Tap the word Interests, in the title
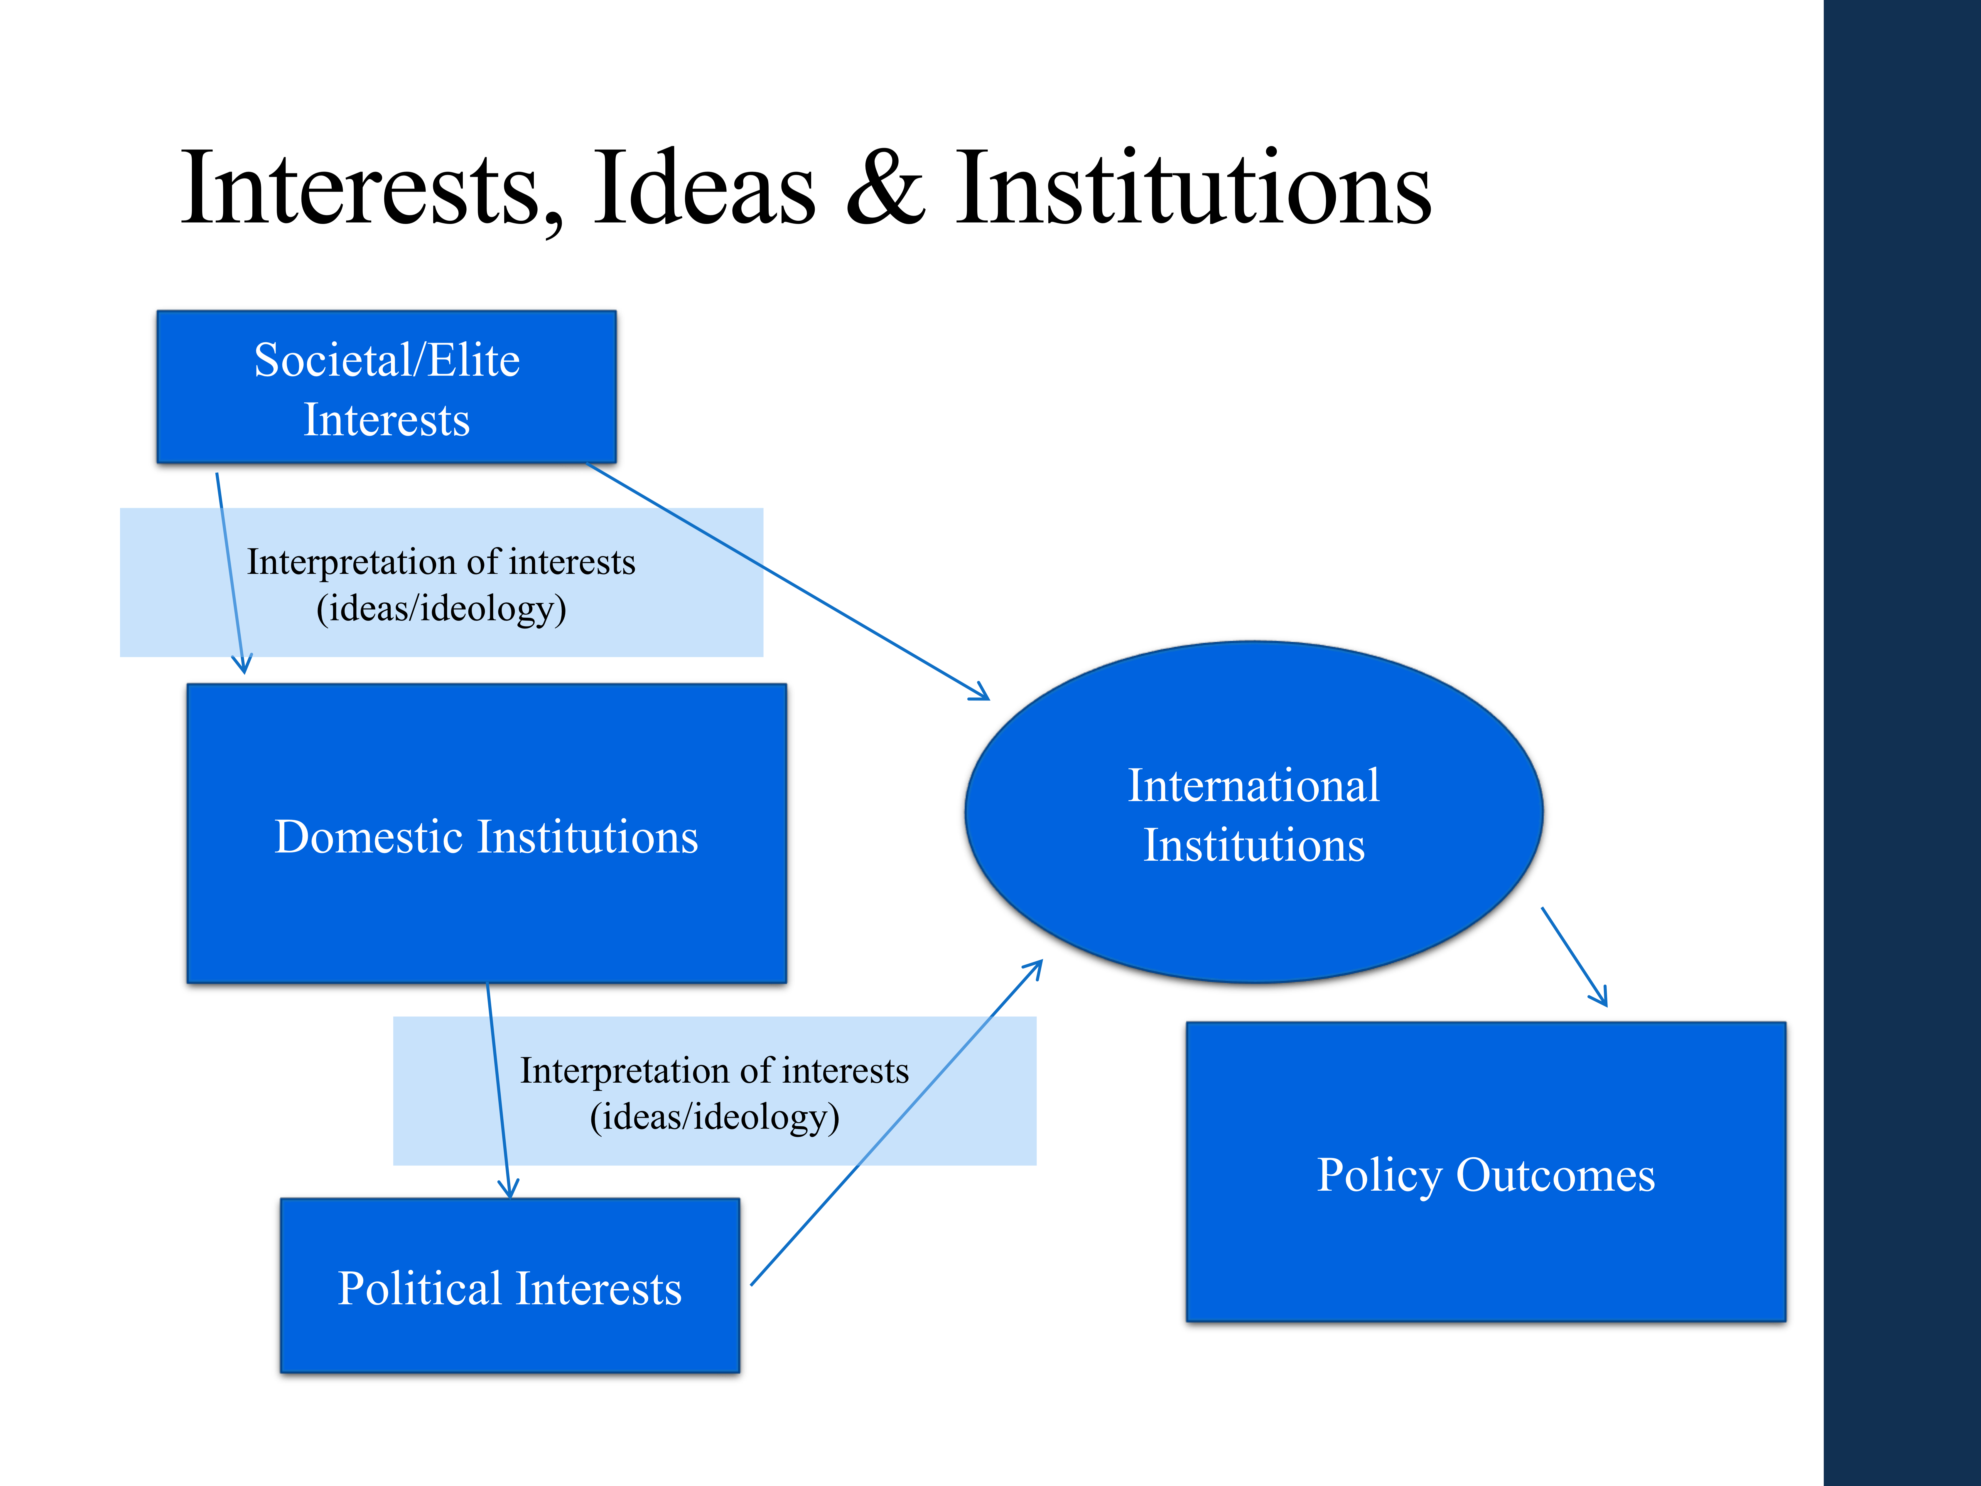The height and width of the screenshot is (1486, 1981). (372, 190)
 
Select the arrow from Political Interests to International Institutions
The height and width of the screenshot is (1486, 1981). (896, 1124)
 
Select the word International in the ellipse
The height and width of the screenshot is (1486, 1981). (1254, 786)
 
